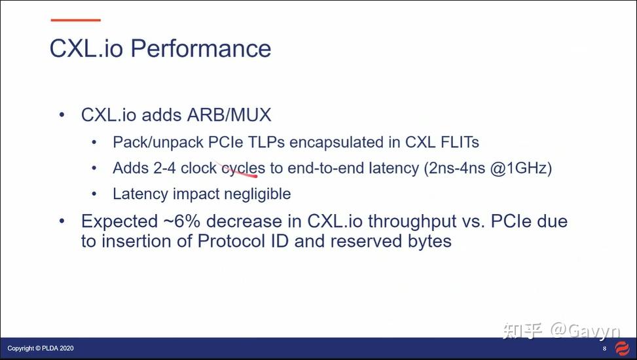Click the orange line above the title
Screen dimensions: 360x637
(x=75, y=20)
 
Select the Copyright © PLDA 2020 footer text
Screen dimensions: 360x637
(x=41, y=348)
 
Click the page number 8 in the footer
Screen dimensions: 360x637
(x=604, y=348)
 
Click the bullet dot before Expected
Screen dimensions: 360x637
(x=62, y=221)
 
